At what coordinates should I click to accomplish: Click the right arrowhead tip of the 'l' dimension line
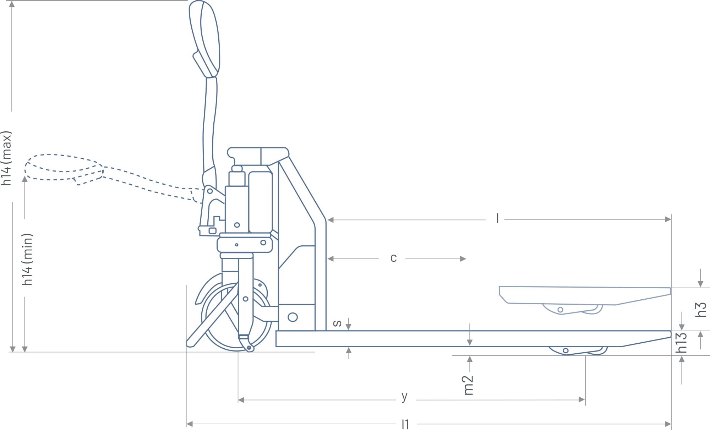coord(671,219)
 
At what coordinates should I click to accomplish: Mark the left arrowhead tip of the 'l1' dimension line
coord(187,424)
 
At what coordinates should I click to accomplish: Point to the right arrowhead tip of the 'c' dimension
coord(466,259)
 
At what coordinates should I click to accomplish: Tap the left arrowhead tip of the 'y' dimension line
coord(238,400)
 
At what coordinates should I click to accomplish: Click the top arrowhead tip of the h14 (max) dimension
coord(12,1)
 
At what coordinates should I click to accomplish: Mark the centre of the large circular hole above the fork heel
coord(293,317)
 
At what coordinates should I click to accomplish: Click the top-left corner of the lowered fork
coord(276,331)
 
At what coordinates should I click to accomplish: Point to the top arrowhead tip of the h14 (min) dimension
coord(24,176)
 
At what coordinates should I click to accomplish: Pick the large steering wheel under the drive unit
coord(237,317)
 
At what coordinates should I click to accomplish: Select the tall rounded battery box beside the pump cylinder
coord(261,202)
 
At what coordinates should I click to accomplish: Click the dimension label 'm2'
coord(469,385)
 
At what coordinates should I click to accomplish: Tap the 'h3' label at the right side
coord(700,309)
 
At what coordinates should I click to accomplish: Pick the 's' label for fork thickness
coord(337,323)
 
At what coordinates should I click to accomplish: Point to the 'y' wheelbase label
coord(404,396)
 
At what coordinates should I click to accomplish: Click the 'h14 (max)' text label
coord(7,158)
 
